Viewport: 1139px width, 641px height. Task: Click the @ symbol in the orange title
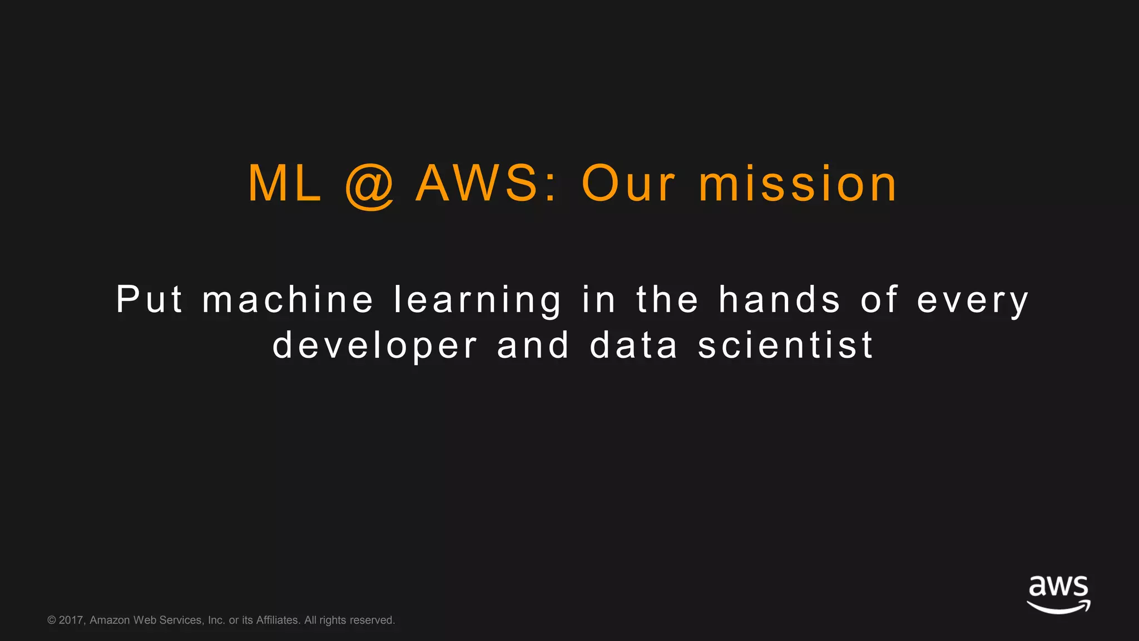coord(370,186)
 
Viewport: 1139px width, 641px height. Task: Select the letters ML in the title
coord(285,184)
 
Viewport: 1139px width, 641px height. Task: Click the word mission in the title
coord(798,184)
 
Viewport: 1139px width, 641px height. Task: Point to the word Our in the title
coord(628,184)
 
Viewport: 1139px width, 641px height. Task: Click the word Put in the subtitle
coord(149,299)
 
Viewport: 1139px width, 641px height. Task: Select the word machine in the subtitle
coord(288,299)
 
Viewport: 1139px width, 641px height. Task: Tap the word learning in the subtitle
coord(478,300)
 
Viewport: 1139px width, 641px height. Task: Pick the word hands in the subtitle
coord(779,299)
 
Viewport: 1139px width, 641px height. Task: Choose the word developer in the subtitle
coord(375,346)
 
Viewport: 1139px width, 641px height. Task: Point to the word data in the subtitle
coord(634,345)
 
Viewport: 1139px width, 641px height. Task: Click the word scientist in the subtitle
coord(785,345)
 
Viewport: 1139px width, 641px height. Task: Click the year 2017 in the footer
coord(71,620)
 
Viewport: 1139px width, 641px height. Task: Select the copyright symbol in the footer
coord(52,620)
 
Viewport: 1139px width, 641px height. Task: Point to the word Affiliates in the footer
coord(278,620)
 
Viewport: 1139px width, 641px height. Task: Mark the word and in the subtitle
coord(533,345)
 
